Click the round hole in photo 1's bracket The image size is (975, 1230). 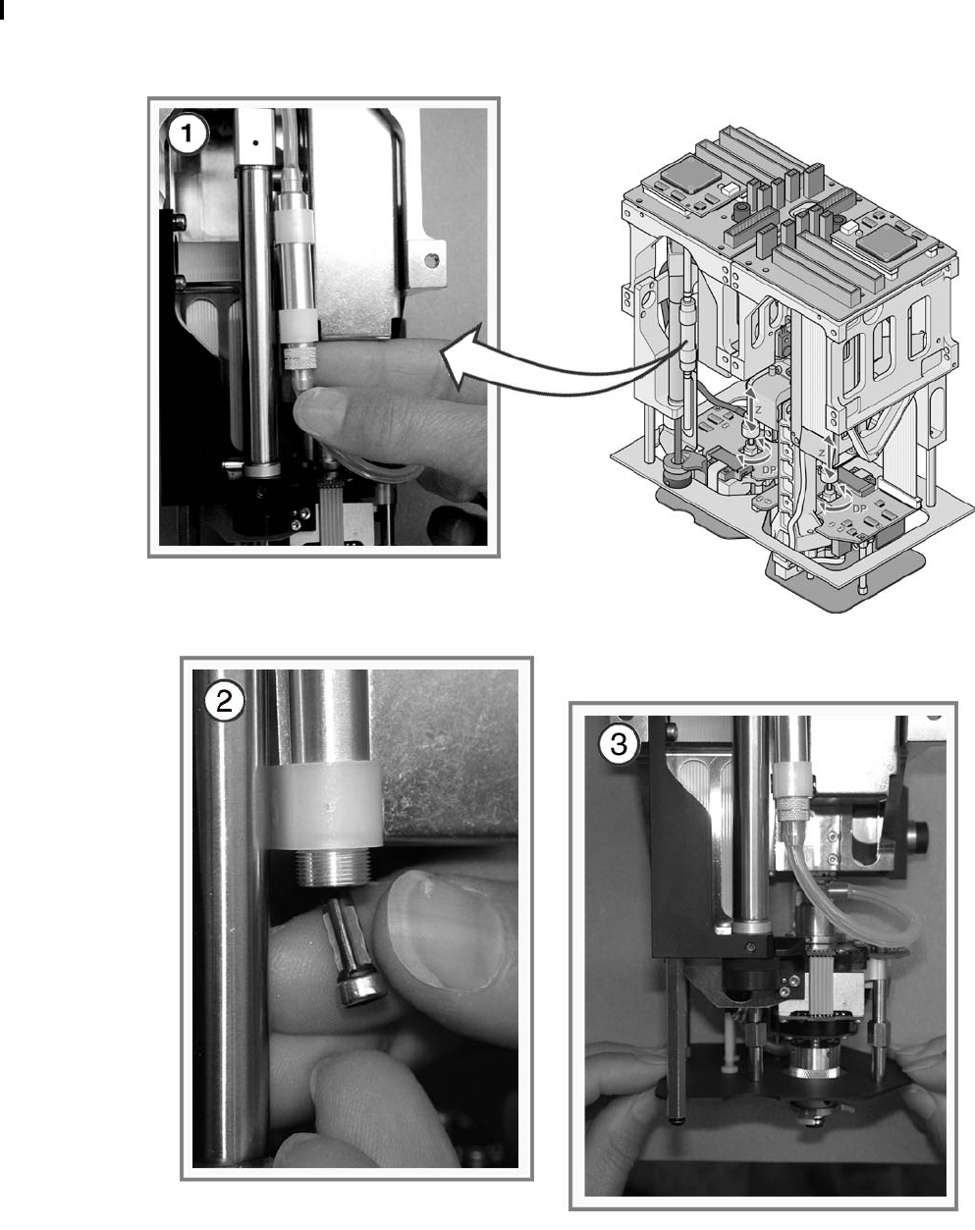click(x=428, y=261)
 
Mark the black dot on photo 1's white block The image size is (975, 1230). click(x=256, y=141)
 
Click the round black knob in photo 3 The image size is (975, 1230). click(x=921, y=838)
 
